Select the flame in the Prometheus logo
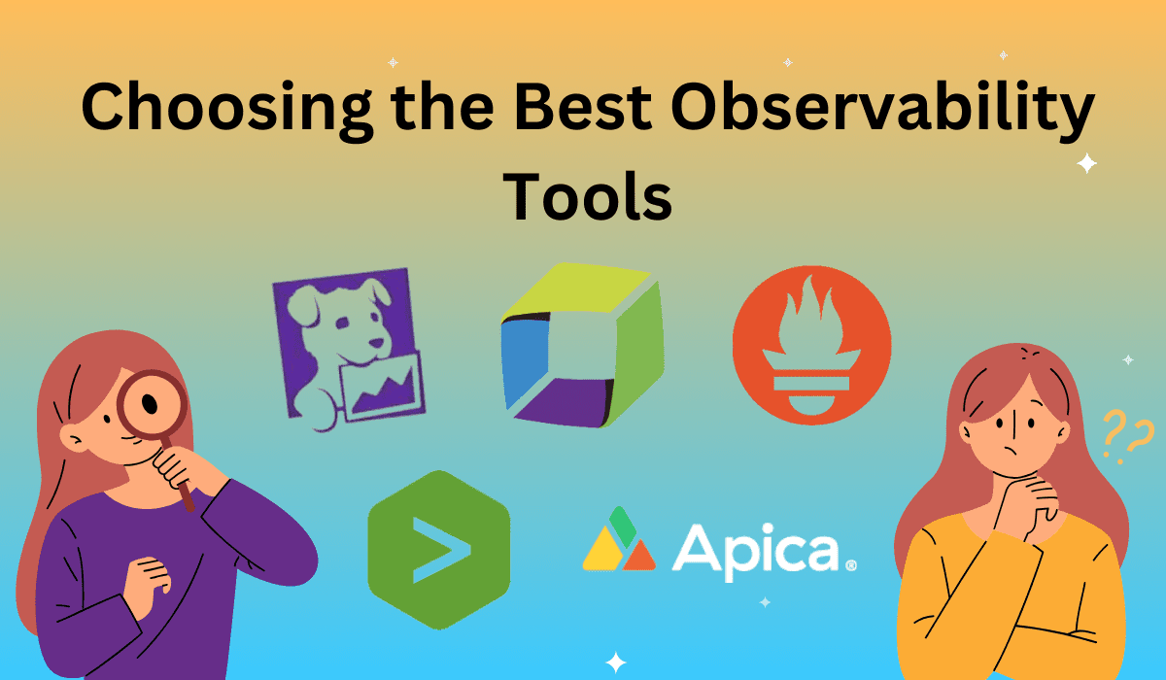coord(810,321)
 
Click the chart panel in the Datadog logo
coord(384,384)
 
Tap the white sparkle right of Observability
coord(1087,164)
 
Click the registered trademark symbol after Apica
coord(851,563)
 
